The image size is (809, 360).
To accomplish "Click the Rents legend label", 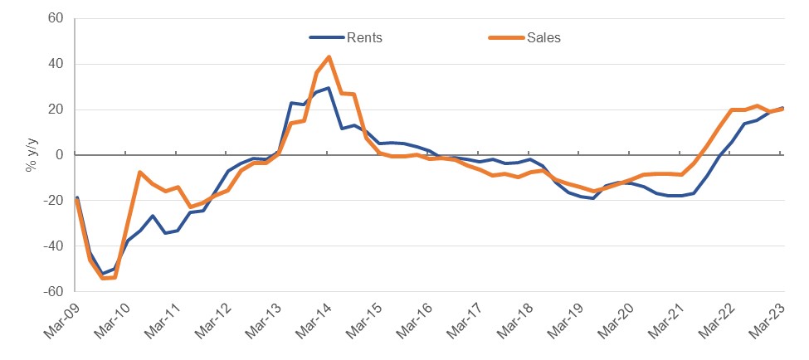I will click(365, 37).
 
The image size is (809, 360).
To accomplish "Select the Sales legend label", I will click(543, 37).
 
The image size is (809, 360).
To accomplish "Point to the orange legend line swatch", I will click(504, 37).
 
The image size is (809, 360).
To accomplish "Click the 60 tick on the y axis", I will click(56, 18).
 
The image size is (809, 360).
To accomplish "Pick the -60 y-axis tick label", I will click(53, 292).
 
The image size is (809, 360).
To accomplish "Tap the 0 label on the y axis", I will click(59, 155).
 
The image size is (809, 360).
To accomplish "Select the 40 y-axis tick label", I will click(56, 64).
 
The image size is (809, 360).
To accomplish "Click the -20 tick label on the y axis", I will click(53, 201).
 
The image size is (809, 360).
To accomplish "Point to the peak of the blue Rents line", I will click(329, 88).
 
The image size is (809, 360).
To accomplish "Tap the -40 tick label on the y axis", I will click(53, 246).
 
